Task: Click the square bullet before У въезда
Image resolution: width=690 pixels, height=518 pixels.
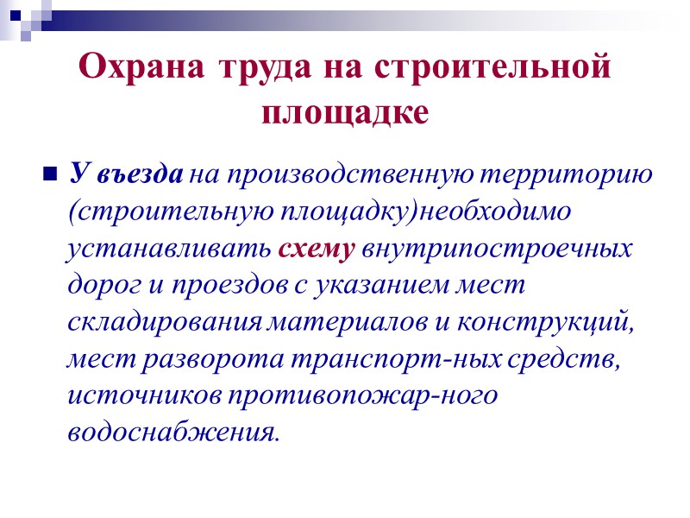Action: click(48, 175)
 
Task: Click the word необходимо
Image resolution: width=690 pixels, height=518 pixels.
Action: click(496, 212)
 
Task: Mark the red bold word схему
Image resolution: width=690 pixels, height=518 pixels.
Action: click(317, 250)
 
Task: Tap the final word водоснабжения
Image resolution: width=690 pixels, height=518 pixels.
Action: click(173, 432)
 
